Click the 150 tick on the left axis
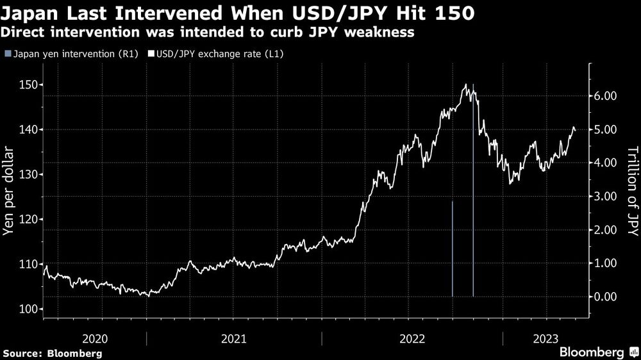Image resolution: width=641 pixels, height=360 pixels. coord(29,85)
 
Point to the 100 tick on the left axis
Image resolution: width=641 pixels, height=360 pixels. coord(29,309)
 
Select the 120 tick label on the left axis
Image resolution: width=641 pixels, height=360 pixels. coord(29,220)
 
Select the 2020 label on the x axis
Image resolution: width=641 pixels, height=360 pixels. coord(95,339)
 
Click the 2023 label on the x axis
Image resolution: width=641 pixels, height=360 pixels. coord(545,339)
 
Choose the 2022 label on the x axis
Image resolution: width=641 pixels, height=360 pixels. coord(412,339)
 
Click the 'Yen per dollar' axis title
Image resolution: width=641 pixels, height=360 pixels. coord(9,191)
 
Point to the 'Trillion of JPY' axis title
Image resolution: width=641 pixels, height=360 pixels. coord(632,191)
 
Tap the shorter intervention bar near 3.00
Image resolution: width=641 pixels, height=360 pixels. coord(453,250)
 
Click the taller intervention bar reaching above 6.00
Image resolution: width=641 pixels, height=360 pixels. coord(473,192)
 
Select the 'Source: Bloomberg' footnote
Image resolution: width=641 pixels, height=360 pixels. coord(53,353)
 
